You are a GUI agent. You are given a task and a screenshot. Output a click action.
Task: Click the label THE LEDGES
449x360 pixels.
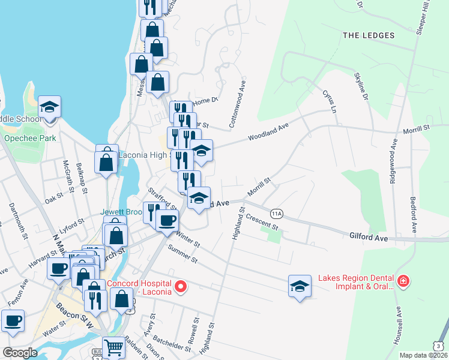point(369,35)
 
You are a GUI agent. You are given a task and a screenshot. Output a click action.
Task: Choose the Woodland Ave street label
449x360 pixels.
point(269,132)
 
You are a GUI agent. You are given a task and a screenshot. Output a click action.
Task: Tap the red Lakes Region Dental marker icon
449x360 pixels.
point(403,281)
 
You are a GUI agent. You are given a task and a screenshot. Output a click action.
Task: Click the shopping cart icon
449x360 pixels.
point(113,347)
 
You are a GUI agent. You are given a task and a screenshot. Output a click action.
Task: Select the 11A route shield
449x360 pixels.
point(277,214)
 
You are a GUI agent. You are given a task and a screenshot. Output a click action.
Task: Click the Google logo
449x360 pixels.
point(20,353)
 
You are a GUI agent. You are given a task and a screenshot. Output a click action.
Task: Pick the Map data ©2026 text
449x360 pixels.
point(423,355)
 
